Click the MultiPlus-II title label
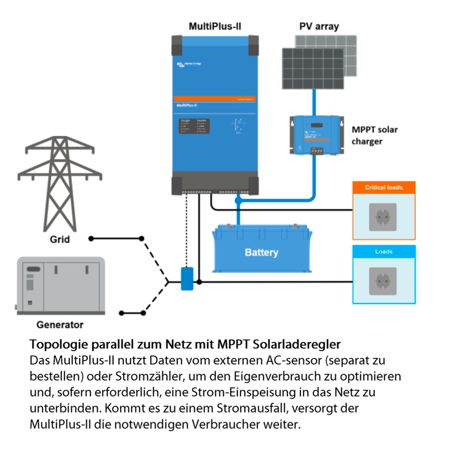tap(215, 26)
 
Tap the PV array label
tap(319, 26)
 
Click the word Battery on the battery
tap(261, 253)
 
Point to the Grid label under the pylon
tap(60, 240)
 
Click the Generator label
tap(60, 325)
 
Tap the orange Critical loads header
tap(384, 187)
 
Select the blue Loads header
tap(384, 251)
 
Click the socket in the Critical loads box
tap(383, 217)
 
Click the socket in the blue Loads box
tap(383, 281)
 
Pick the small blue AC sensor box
tap(187, 279)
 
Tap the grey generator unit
tap(60, 286)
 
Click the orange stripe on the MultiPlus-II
tap(215, 99)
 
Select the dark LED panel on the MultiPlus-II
tap(194, 126)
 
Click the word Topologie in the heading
tap(59, 345)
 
